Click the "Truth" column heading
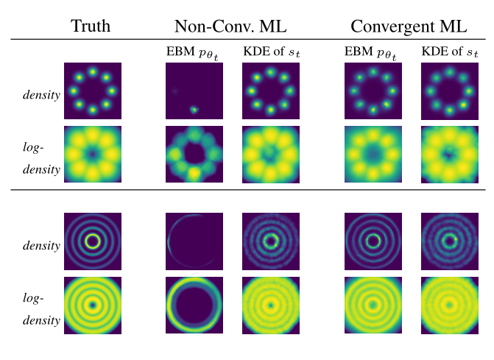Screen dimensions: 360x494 91,27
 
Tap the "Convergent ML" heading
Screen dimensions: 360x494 408,27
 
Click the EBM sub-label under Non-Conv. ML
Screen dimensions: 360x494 194,52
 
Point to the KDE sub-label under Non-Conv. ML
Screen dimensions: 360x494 270,52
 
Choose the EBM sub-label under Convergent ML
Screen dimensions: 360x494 373,52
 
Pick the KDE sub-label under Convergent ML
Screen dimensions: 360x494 449,52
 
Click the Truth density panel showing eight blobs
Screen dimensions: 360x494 93,91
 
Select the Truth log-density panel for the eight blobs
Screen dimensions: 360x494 93,155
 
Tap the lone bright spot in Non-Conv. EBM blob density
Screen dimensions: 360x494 195,110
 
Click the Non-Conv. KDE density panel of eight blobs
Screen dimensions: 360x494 271,91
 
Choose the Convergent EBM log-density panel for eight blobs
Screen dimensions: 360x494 373,155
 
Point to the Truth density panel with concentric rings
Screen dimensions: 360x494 93,241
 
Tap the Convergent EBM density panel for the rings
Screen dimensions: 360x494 373,241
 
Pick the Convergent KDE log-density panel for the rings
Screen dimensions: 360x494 449,304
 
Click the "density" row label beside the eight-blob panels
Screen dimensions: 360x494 41,96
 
